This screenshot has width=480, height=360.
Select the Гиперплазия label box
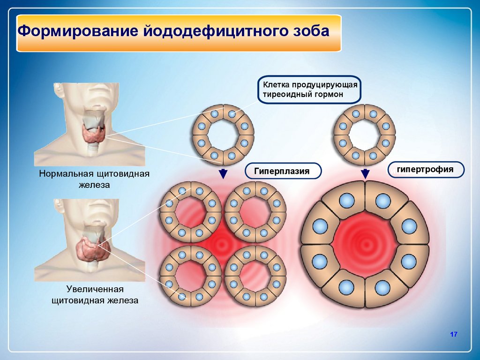click(282, 171)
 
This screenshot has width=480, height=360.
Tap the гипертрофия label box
click(425, 169)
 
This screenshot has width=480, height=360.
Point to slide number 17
click(453, 334)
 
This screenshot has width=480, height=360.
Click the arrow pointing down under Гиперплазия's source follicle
click(223, 173)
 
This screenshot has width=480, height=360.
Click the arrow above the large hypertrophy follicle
click(365, 173)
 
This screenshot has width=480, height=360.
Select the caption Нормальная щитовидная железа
click(94, 180)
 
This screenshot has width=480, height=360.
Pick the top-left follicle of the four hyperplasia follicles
click(190, 211)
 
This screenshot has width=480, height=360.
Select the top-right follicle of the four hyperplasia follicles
click(255, 211)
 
